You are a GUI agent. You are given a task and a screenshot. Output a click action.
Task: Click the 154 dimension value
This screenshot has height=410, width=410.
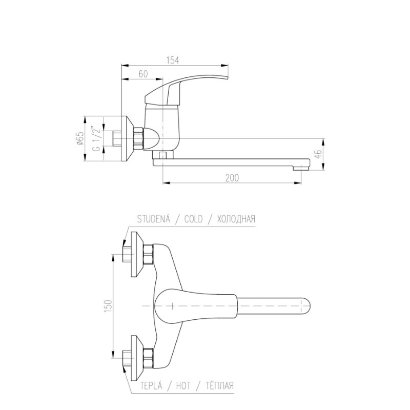[x=173, y=60]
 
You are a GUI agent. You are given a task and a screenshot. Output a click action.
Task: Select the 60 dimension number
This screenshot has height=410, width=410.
[x=143, y=74]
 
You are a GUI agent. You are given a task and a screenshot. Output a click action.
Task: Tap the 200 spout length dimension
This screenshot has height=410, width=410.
[x=232, y=178]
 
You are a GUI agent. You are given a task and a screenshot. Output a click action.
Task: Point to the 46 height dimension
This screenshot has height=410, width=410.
[x=317, y=154]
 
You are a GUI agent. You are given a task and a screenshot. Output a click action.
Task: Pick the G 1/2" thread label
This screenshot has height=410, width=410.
[x=96, y=139]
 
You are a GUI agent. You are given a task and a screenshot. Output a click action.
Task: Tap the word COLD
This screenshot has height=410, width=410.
[x=194, y=219]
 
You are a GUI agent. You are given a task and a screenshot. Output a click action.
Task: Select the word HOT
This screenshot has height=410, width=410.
[x=183, y=385]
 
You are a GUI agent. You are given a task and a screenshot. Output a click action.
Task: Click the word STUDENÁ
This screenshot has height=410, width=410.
[x=154, y=219]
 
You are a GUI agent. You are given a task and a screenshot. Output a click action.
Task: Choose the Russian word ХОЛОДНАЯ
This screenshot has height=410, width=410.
[x=236, y=219]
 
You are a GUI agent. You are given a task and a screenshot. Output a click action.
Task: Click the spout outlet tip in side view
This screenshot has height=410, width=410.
[x=301, y=169]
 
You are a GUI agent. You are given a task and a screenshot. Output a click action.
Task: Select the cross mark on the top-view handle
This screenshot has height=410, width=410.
[x=172, y=305]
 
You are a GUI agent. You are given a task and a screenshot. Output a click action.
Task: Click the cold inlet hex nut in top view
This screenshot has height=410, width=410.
[x=148, y=254]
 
